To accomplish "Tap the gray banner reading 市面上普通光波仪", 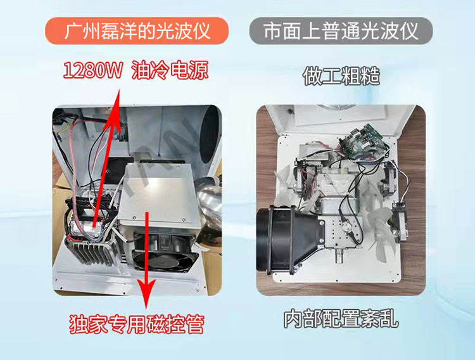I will click(x=341, y=30).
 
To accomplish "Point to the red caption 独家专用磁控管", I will click(x=137, y=324).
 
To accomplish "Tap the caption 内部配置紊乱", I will click(x=341, y=318).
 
